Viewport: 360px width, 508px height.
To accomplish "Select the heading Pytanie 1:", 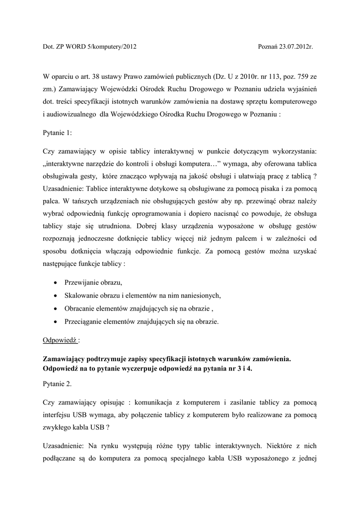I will click(x=58, y=133).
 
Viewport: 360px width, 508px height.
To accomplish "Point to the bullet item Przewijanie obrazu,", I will click(x=93, y=282).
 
